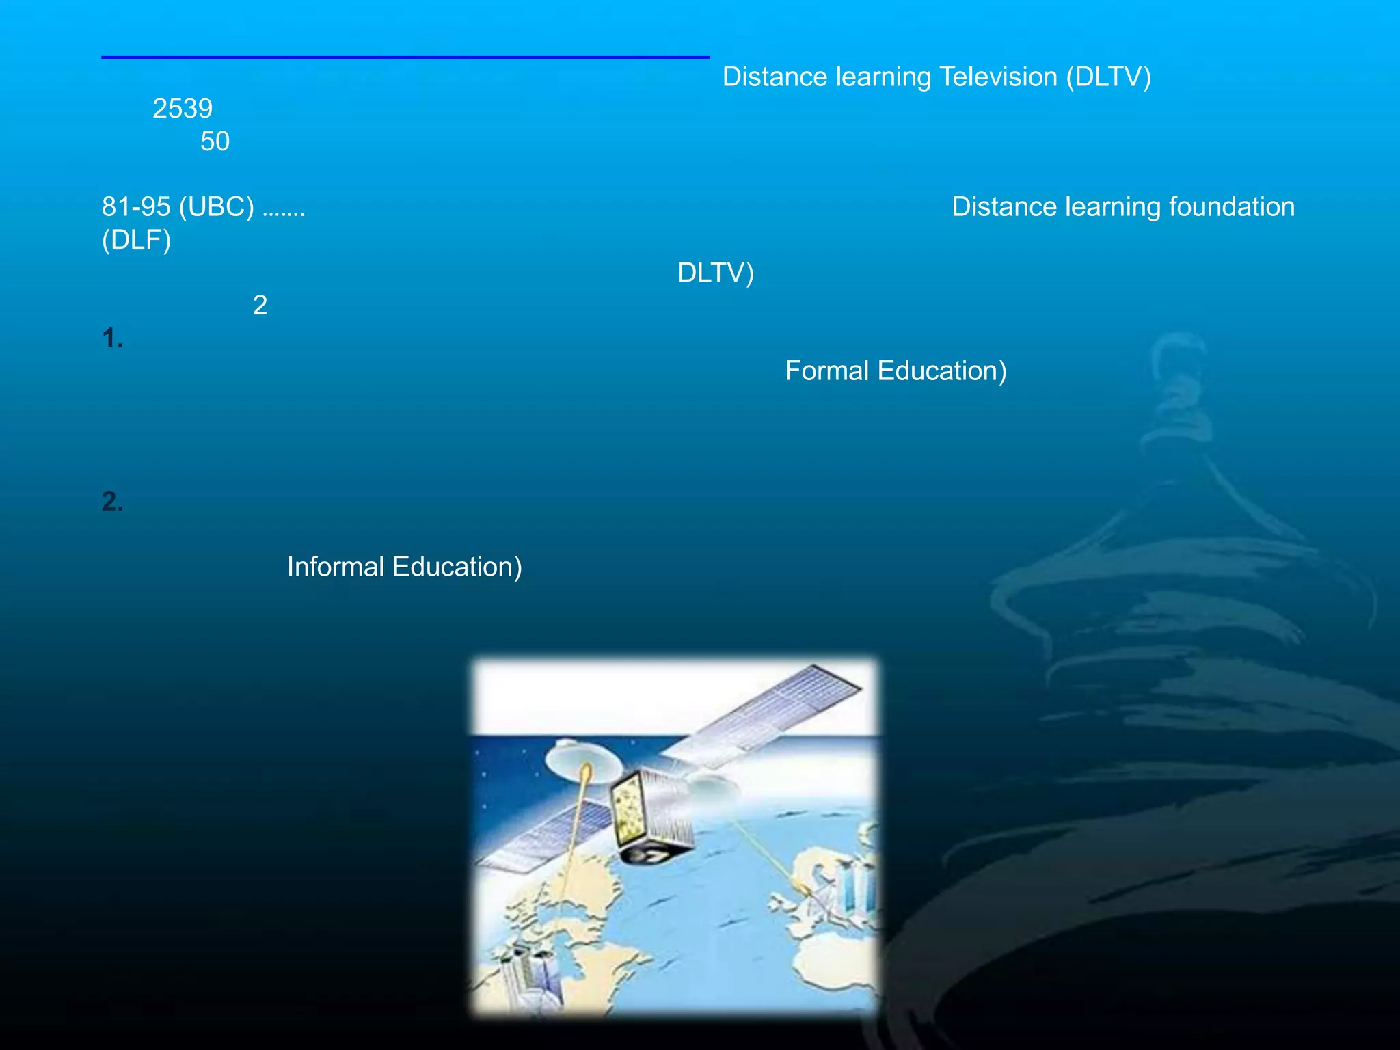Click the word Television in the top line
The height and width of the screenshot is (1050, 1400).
998,77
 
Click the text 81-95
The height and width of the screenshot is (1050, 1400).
136,207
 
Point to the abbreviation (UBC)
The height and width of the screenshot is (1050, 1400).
216,207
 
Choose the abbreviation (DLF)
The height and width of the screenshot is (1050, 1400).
136,240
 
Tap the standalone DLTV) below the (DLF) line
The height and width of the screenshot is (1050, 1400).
716,273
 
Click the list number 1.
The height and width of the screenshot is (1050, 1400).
112,338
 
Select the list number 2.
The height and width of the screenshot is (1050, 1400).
112,502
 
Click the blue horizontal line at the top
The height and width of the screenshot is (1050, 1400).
405,57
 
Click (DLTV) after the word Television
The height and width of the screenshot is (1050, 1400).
1109,77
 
